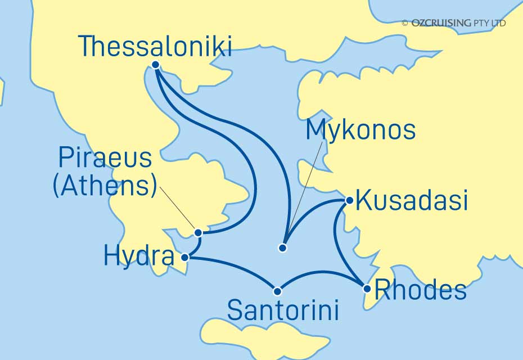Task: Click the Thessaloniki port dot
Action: tap(156, 65)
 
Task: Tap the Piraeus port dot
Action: tap(198, 232)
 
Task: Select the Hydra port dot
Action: tap(186, 257)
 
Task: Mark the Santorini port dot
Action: tap(277, 291)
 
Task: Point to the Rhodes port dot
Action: tap(367, 289)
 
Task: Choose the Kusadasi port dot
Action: tap(349, 200)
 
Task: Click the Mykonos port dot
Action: tap(283, 247)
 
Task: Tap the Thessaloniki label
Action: tap(155, 46)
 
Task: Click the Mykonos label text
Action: tap(360, 130)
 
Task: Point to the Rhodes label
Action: tap(420, 290)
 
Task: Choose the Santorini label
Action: tap(283, 310)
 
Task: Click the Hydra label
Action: tap(139, 257)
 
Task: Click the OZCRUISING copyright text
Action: tap(453, 23)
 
